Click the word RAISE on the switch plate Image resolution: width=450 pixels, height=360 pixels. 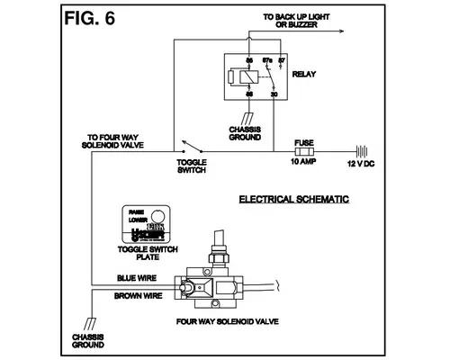point(138,211)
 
